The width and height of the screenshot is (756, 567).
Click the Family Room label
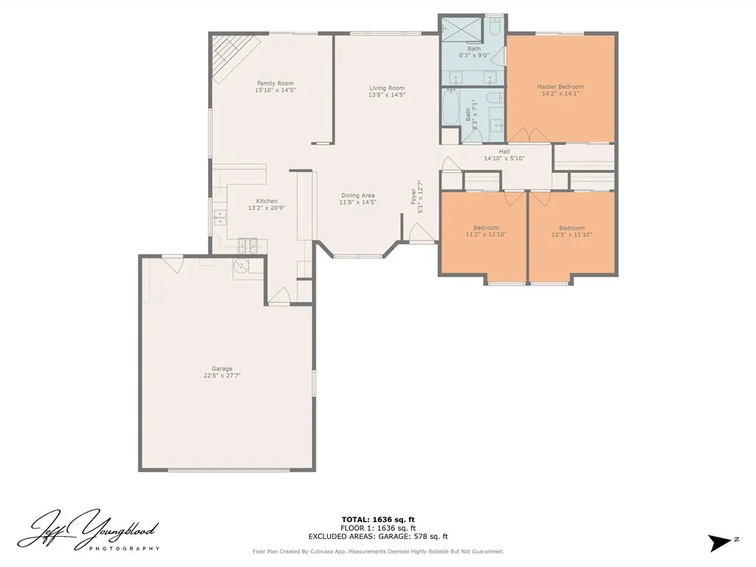pos(275,83)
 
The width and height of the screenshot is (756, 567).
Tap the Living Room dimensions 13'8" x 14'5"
pos(387,95)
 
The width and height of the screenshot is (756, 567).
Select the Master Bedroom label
pos(560,87)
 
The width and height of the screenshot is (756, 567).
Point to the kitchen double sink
pos(220,217)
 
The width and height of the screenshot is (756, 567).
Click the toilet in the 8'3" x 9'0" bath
pos(495,27)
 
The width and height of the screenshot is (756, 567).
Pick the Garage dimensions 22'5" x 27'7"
pos(222,376)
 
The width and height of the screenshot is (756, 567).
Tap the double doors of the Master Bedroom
pos(529,135)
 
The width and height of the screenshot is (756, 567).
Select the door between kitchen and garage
pos(278,297)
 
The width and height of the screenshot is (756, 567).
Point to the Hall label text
pos(504,151)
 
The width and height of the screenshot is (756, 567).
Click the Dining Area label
pos(357,196)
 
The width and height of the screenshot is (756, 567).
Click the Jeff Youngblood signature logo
pos(89,530)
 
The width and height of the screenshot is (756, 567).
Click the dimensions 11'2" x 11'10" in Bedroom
pos(486,235)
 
